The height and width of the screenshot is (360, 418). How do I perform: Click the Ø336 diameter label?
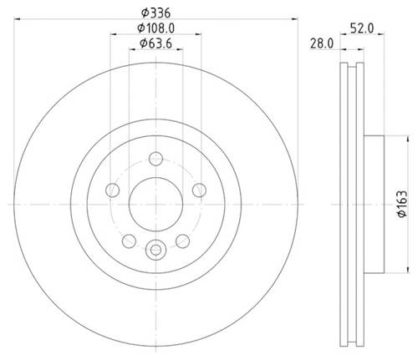tap(155, 13)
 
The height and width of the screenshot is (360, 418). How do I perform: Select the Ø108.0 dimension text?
tap(155, 28)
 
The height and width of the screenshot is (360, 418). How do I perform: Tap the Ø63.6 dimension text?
tap(155, 43)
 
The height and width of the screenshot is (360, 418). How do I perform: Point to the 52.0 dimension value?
tap(362, 28)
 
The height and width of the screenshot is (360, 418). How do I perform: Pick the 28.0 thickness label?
tap(322, 43)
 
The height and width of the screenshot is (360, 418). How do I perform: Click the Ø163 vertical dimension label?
tap(402, 204)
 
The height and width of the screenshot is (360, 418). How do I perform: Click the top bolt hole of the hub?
tap(155, 159)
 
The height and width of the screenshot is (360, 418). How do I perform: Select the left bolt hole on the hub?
tap(113, 190)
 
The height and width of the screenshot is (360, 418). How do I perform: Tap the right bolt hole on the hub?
tap(199, 190)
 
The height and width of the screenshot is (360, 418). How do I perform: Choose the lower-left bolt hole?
tap(129, 241)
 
